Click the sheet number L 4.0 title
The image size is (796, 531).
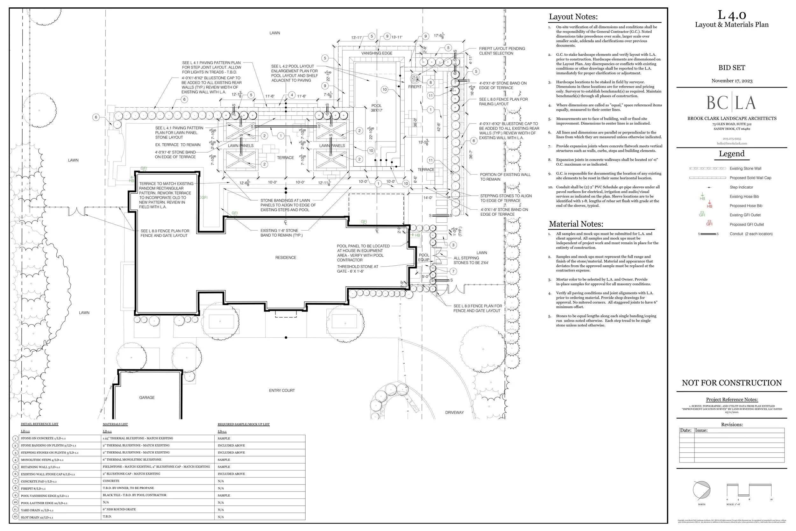[x=731, y=15]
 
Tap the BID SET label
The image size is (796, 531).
[x=731, y=68]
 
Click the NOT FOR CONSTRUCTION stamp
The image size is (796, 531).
[x=731, y=383]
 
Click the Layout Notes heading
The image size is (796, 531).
[x=573, y=17]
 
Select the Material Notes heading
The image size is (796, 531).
[x=576, y=224]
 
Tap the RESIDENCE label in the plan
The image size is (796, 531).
[x=286, y=258]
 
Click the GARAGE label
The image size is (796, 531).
[x=147, y=398]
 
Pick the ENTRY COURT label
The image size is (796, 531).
[x=282, y=391]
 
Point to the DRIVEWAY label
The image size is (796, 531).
[x=454, y=413]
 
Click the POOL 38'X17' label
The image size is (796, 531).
[x=376, y=108]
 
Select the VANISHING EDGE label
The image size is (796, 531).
[x=377, y=53]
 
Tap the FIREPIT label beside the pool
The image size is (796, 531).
[x=415, y=87]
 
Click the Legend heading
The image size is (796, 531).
[x=731, y=154]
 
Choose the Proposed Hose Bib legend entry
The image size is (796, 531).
[x=746, y=206]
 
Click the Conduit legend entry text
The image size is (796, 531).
[x=751, y=234]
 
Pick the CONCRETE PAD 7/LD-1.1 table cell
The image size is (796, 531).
[x=39, y=481]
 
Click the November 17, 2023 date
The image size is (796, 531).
[x=732, y=81]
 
